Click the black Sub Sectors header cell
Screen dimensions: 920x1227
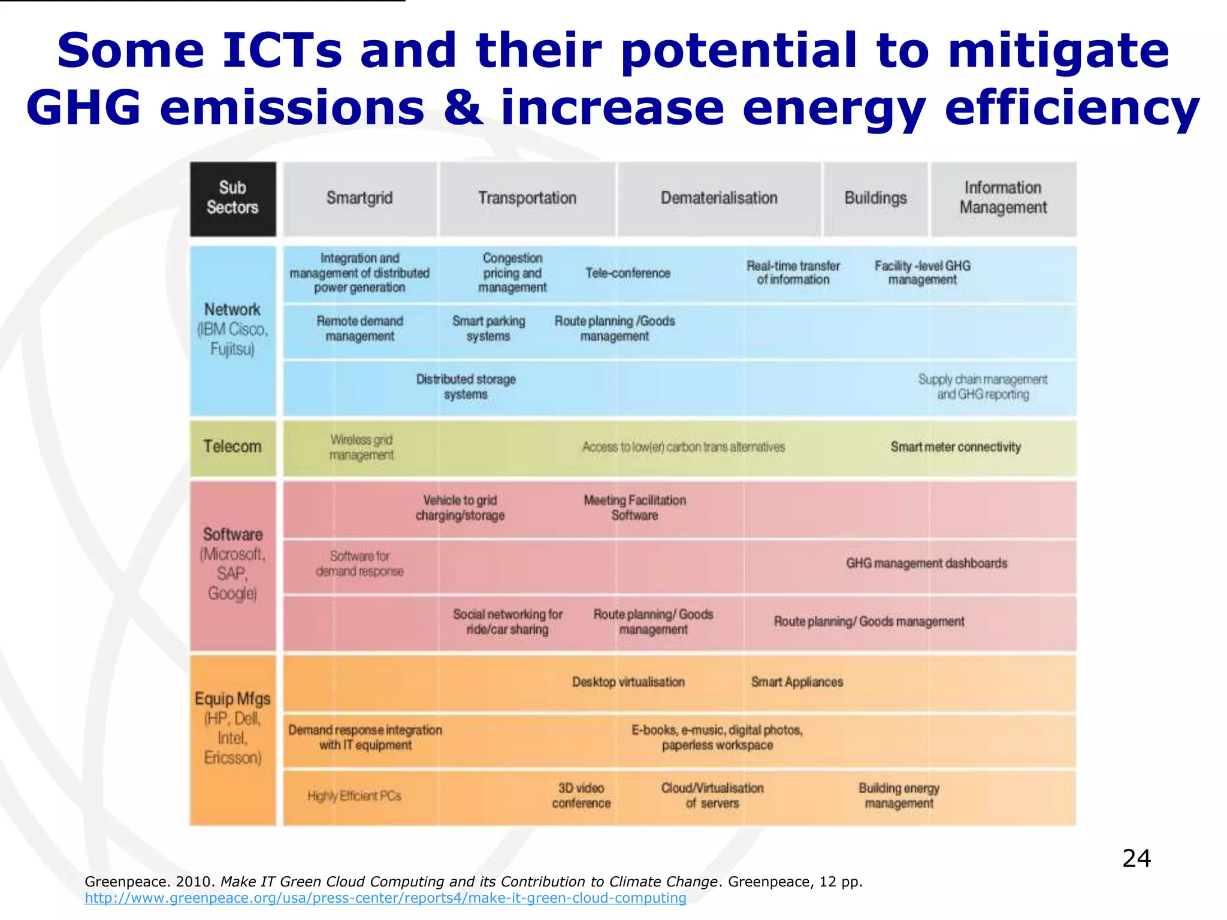232,198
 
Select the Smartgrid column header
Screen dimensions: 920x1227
359,198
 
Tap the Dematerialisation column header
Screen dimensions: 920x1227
719,198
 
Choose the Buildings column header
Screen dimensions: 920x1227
875,198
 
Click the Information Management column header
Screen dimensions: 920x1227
1003,198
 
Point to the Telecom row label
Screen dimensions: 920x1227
232,447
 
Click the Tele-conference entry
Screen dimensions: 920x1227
627,273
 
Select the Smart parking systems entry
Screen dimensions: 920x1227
488,328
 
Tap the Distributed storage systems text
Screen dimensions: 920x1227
466,387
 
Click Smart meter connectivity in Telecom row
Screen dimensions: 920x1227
956,447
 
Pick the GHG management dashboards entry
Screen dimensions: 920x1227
926,564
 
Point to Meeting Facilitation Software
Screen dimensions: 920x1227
634,507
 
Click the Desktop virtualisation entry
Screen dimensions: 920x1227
628,682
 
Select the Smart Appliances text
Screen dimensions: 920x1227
797,682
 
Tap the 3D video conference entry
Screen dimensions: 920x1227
581,795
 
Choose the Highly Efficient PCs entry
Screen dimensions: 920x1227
354,796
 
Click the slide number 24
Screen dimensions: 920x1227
1136,858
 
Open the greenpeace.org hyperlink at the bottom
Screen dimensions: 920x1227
385,898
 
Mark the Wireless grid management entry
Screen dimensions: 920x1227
361,447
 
